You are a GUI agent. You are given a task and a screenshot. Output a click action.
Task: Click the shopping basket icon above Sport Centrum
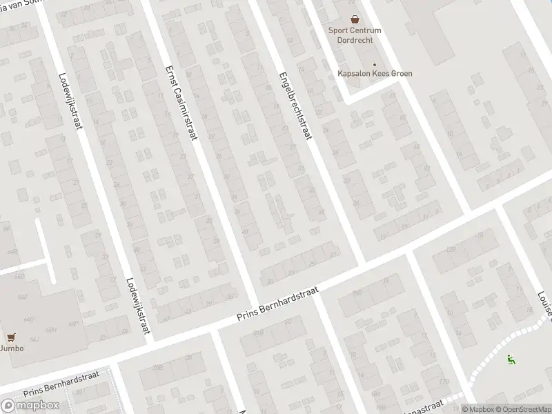tap(355, 20)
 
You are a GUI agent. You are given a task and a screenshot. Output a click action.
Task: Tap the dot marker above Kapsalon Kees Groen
tap(374, 63)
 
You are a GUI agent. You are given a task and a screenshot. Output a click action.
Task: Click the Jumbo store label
tap(12, 348)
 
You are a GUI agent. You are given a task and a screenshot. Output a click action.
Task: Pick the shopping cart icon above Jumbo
tap(10, 337)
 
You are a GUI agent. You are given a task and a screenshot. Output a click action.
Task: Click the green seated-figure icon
tap(511, 359)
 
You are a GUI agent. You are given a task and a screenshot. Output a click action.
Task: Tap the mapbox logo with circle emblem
tap(30, 405)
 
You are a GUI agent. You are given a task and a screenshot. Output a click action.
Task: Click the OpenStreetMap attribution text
tap(523, 409)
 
